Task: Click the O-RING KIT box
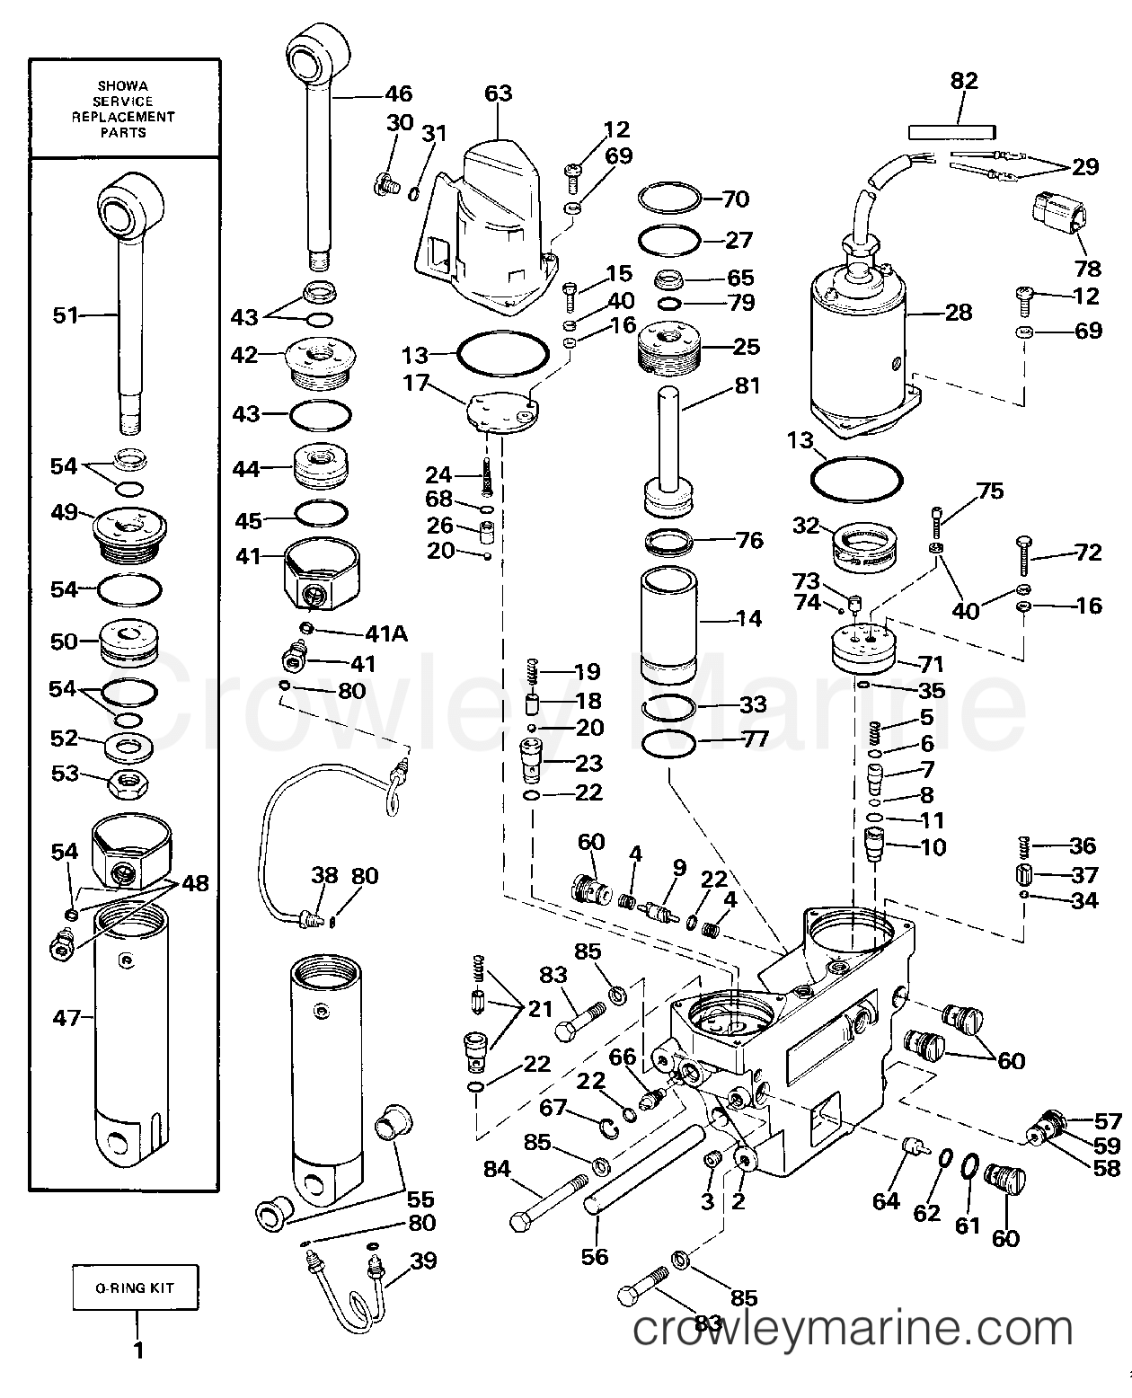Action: coord(136,1287)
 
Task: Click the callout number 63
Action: coord(498,93)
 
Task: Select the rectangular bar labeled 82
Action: coord(951,131)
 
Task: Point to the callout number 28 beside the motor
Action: coord(959,312)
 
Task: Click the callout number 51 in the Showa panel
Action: coord(66,315)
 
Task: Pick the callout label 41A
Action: coord(385,634)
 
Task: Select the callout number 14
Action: coord(747,618)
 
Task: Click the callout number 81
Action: coord(747,385)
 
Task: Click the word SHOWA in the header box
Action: coord(124,85)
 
